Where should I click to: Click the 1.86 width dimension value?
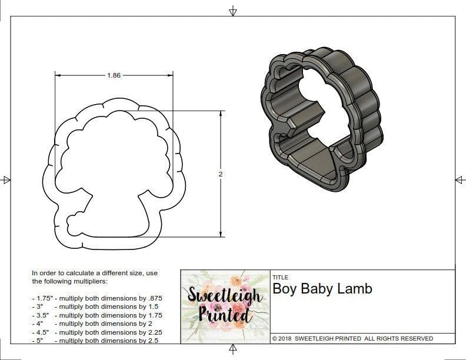pos(114,75)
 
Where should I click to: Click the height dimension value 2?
pos(221,174)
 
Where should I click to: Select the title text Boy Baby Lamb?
pos(322,289)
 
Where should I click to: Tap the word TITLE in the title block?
pos(280,277)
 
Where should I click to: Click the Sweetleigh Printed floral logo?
pos(224,305)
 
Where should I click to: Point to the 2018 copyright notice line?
pos(352,338)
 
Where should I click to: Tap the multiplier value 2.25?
pos(151,332)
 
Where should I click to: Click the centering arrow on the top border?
pos(233,11)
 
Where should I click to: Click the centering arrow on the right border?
pos(460,179)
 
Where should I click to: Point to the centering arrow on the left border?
pos(6,179)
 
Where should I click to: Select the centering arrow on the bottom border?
pos(233,350)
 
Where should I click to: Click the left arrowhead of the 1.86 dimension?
pos(58,75)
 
